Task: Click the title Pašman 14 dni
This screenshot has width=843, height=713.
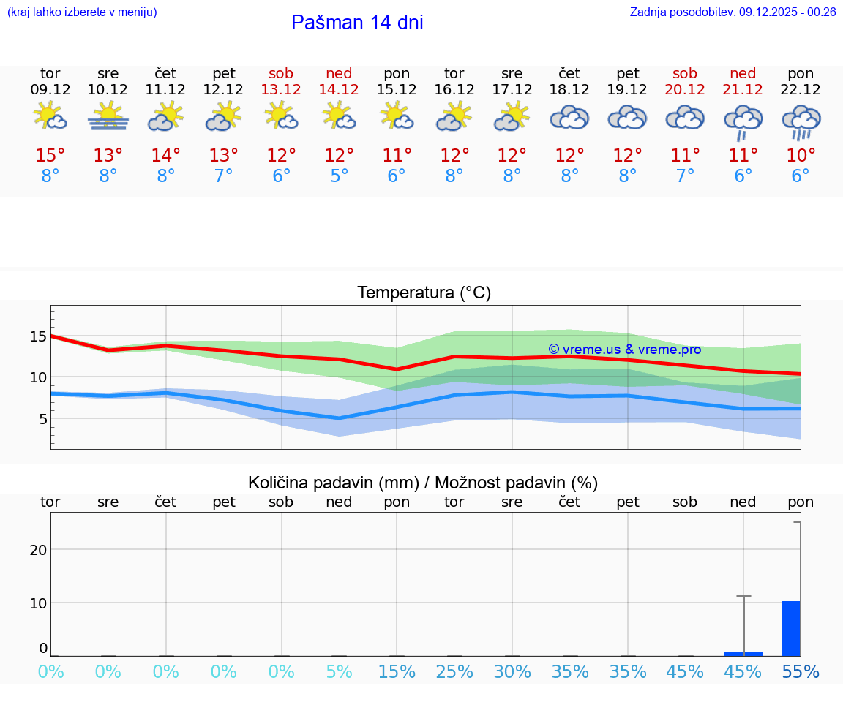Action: tap(357, 23)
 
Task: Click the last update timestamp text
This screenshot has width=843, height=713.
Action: tap(733, 12)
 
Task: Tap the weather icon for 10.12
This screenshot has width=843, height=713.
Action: tap(108, 116)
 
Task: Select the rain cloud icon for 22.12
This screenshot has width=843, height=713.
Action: tap(801, 121)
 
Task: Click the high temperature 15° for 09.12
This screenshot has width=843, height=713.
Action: tap(50, 156)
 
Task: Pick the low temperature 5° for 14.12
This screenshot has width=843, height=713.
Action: tap(339, 176)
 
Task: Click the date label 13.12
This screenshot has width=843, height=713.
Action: tap(281, 89)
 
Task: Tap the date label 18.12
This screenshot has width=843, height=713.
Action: tap(569, 89)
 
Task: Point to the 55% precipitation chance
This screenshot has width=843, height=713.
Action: tap(801, 672)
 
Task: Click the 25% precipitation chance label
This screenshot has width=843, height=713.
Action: tap(454, 672)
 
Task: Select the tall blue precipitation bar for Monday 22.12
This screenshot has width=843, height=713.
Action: tap(790, 628)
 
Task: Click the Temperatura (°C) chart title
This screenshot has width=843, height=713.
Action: tap(424, 293)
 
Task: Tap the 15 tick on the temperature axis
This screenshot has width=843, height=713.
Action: tap(38, 336)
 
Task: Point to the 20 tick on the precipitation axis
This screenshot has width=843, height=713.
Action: tap(38, 549)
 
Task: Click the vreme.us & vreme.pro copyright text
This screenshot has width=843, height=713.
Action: tap(625, 350)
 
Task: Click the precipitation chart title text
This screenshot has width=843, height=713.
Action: tap(423, 483)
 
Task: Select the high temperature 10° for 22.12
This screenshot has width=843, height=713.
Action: tap(801, 156)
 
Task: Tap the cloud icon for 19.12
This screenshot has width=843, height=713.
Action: tap(627, 118)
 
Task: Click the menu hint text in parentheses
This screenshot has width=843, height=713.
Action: tap(82, 12)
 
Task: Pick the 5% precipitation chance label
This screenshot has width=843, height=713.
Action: tap(339, 672)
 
